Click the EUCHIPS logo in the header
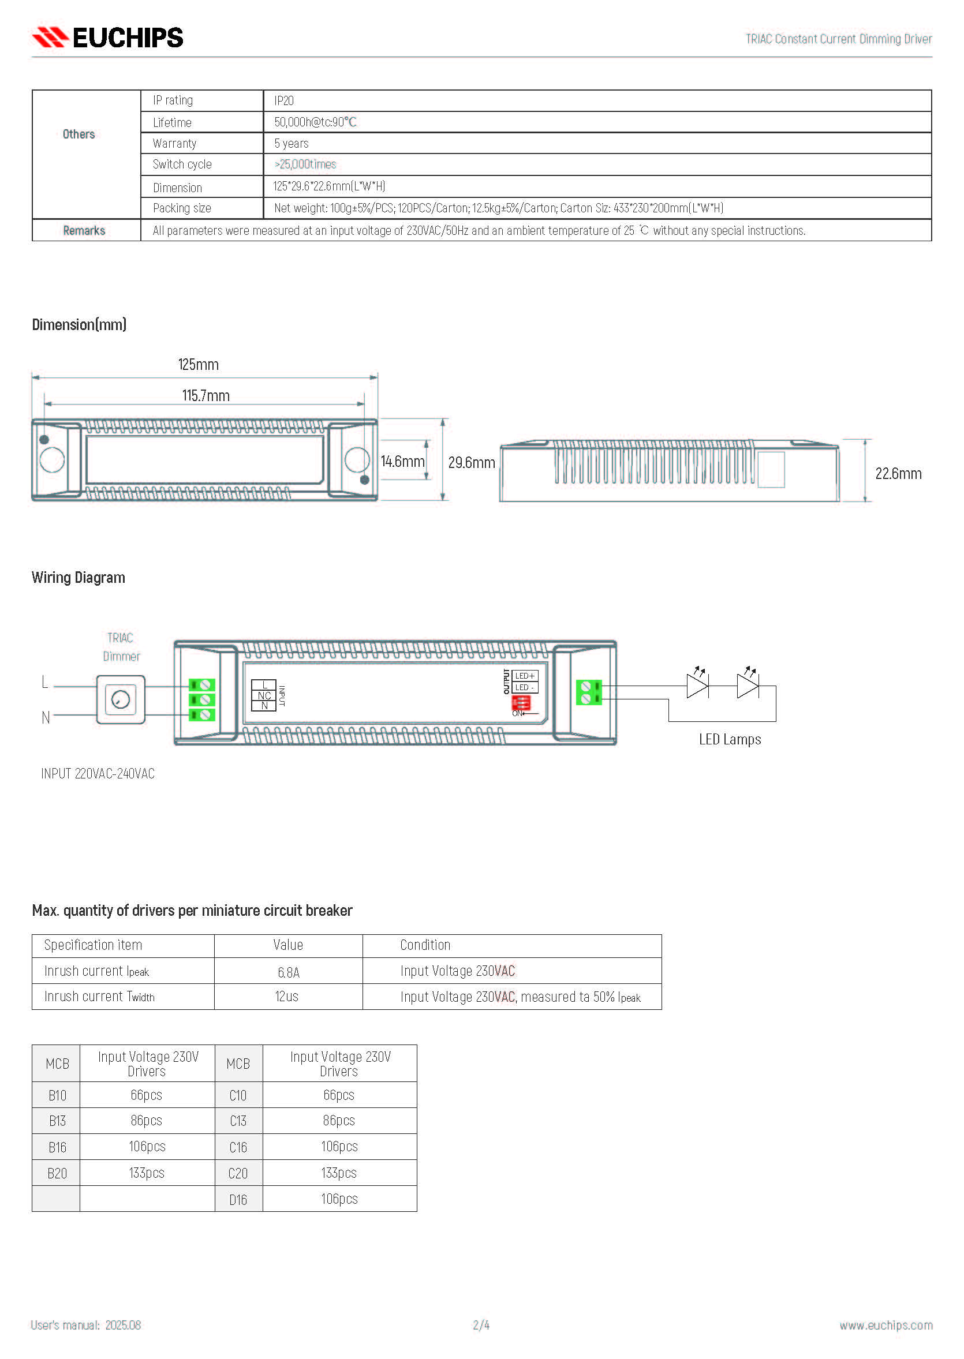(107, 38)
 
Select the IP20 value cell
(284, 101)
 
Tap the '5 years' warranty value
(291, 144)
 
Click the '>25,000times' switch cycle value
(305, 164)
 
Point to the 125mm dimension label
(198, 364)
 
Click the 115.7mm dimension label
(205, 396)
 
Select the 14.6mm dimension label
(402, 462)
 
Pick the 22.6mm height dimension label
(898, 474)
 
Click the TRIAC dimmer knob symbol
(121, 699)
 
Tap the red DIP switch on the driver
(521, 703)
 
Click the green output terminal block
(589, 692)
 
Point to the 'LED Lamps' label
(730, 739)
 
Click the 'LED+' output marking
(524, 676)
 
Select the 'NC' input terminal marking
(264, 695)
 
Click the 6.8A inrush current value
(289, 972)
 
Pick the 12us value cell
(287, 997)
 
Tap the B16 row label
(57, 1147)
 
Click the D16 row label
(238, 1200)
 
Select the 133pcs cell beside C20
(339, 1173)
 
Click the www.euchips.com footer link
(885, 1326)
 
